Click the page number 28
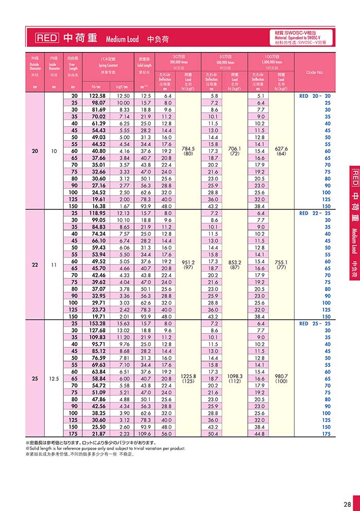point(347,504)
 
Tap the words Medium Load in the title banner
point(122,39)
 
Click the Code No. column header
point(314,73)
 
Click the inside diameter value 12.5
point(54,379)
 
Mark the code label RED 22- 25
point(315,213)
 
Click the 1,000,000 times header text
point(271,62)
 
